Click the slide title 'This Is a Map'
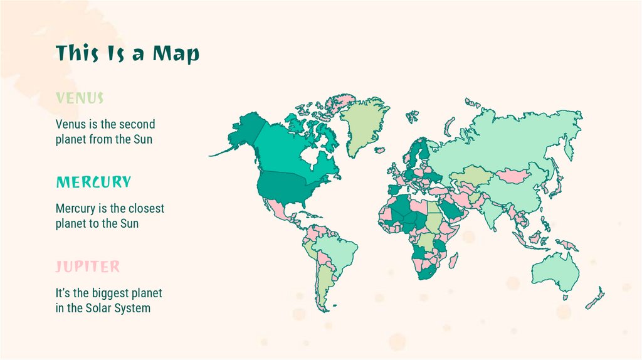point(127,53)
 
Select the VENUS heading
point(79,98)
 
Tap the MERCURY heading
point(93,183)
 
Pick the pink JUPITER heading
point(87,267)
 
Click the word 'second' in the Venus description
point(137,124)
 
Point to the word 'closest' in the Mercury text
point(144,208)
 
